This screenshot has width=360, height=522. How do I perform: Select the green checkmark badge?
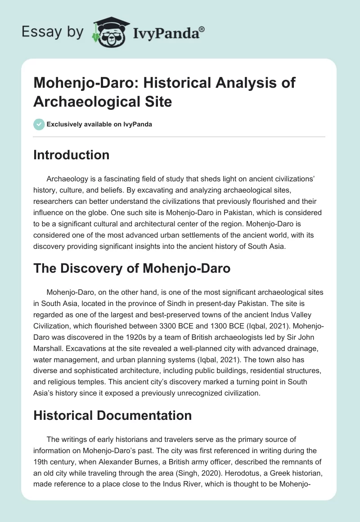[40, 124]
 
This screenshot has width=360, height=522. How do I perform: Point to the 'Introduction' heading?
[71, 155]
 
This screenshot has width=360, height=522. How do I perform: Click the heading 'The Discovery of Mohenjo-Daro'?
[132, 268]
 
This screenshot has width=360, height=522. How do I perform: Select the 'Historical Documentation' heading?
[112, 415]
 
